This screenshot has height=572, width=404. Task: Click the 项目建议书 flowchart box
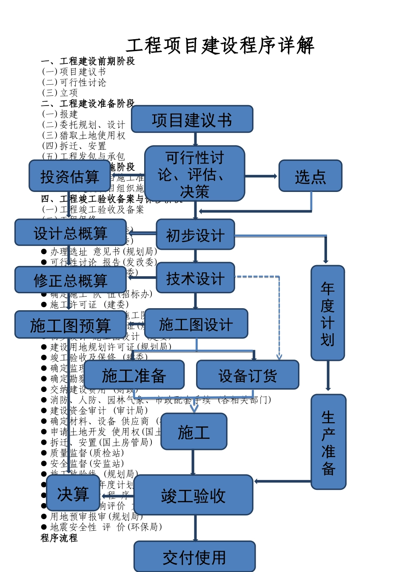coord(192,120)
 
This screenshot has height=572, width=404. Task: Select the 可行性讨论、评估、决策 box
coord(194,174)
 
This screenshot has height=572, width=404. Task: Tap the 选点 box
coord(310,176)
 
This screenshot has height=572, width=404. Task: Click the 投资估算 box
coord(69,176)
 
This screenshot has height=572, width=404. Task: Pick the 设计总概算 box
coord(70,233)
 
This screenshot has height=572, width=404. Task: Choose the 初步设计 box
coord(195,235)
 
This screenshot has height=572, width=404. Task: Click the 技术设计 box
coord(195,278)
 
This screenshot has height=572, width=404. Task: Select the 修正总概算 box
coord(70,280)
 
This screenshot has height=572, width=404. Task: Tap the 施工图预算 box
coord(70,325)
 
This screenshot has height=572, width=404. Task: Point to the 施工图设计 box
coord(196,324)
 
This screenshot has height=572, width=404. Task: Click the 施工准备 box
coord(134,375)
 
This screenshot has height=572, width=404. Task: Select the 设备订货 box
coord(248,375)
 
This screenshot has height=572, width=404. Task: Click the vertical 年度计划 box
coord(327,313)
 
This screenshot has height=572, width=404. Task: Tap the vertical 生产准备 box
coord(328,442)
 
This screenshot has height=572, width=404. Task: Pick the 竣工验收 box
coord(193,495)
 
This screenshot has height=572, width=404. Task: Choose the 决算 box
coord(73,493)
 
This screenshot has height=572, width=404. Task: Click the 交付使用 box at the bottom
coord(194,557)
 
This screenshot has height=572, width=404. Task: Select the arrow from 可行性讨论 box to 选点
coord(261,176)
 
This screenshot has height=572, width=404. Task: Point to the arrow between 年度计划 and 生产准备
coord(328,376)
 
